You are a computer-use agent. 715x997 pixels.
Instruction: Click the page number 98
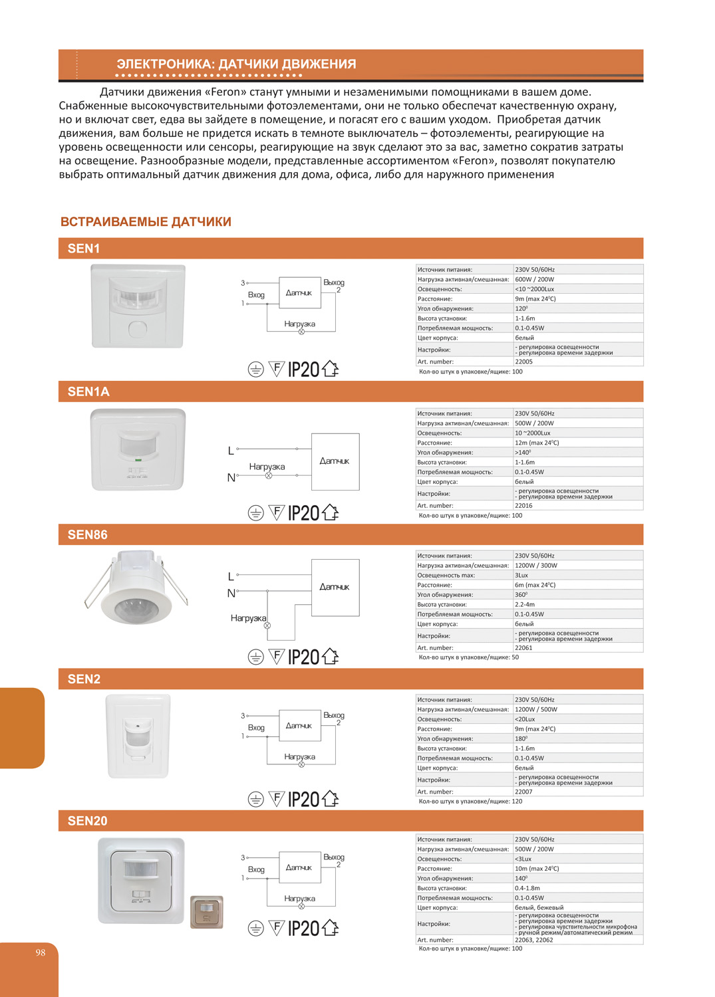tap(41, 952)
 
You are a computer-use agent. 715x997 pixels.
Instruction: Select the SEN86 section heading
tap(87, 535)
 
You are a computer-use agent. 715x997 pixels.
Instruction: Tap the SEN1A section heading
tap(88, 391)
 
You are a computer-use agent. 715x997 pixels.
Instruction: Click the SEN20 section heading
tap(87, 821)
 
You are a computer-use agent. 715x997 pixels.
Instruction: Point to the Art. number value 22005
tap(523, 362)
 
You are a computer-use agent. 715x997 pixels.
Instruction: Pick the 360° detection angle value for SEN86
tap(521, 595)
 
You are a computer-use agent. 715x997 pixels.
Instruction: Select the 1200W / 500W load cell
tap(535, 709)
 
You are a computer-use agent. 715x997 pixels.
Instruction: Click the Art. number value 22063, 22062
tap(533, 940)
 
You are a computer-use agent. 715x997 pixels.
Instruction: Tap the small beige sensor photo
tap(207, 912)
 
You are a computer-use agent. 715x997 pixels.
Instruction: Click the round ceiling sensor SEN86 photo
tap(136, 588)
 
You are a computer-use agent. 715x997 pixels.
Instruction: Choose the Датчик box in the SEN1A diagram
tap(335, 461)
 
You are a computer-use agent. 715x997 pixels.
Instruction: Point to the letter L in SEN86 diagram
tap(231, 576)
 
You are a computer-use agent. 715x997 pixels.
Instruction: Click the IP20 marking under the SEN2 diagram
tap(303, 800)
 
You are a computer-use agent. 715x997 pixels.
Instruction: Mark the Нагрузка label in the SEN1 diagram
tap(299, 324)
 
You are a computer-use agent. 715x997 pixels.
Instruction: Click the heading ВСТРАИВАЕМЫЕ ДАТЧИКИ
tap(146, 222)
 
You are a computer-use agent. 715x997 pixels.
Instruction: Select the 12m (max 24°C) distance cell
tap(536, 443)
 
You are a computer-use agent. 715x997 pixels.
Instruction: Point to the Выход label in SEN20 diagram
tap(333, 857)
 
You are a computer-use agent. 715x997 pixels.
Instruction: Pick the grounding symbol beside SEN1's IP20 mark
tap(255, 370)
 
